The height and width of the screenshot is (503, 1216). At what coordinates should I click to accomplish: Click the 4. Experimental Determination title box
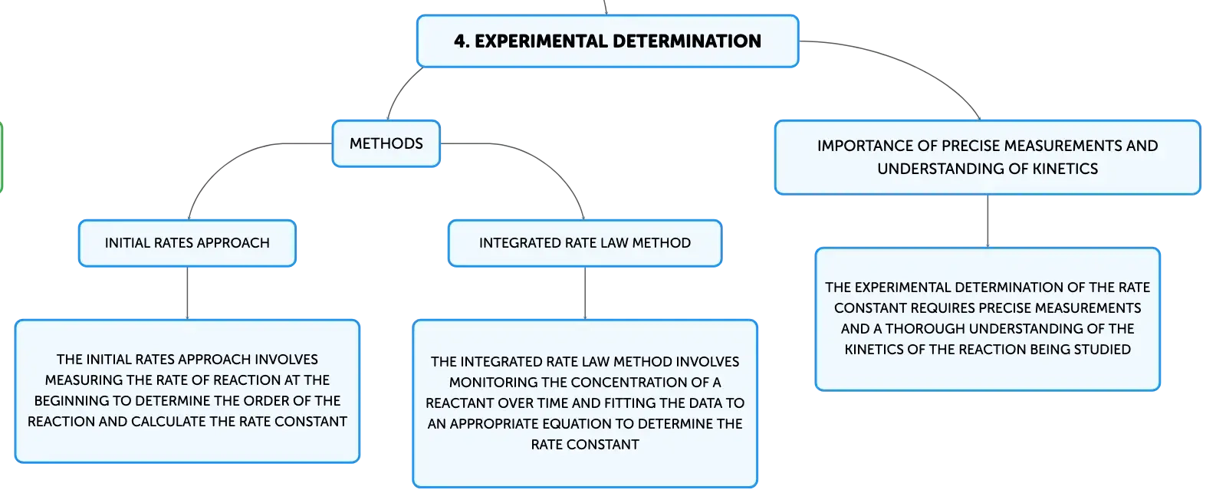607,41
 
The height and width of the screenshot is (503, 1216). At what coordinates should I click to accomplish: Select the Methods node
386,143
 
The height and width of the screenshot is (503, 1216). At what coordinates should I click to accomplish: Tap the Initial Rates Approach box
187,243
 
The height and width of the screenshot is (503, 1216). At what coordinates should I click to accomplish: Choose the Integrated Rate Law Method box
584,243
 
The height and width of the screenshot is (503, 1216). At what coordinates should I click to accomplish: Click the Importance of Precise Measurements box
987,156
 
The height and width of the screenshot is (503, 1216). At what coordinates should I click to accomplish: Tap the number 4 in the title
459,41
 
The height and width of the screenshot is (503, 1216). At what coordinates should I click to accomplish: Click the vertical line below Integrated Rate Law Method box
585,293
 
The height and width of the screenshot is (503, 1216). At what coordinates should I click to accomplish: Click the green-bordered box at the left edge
2,156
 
